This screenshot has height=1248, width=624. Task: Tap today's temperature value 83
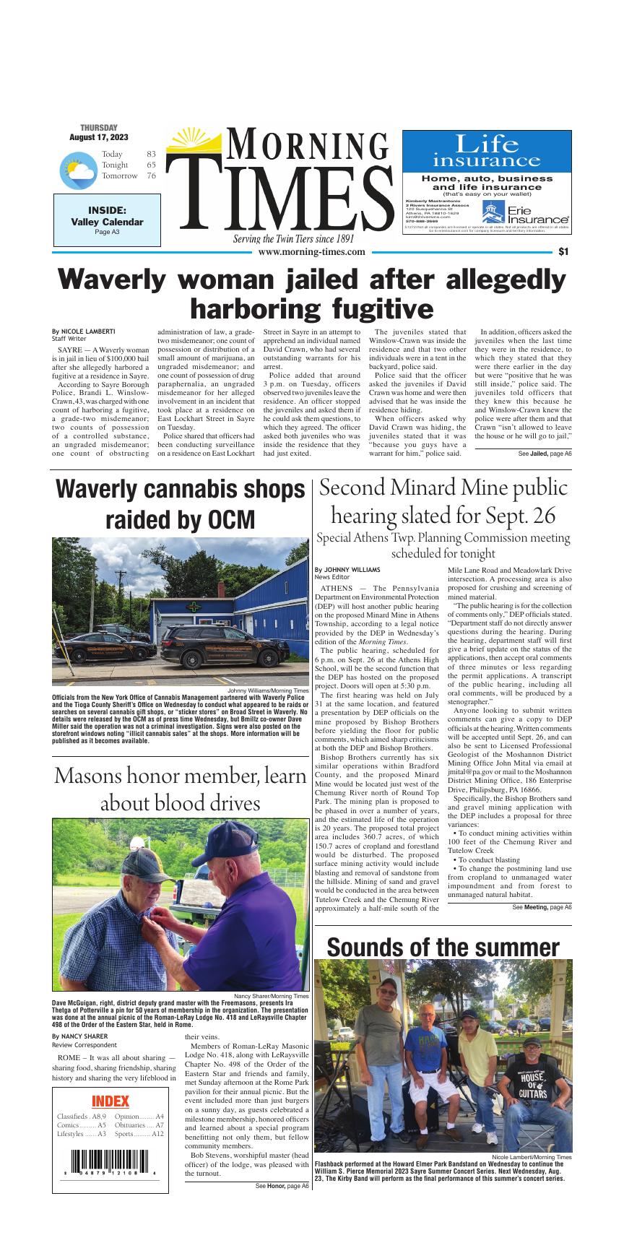point(151,154)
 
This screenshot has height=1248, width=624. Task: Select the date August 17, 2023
point(99,137)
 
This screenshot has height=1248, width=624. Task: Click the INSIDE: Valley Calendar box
point(107,220)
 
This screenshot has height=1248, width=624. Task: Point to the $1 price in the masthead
point(563,252)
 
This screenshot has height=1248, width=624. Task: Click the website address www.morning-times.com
point(311,252)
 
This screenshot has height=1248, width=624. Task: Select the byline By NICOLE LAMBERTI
point(84,331)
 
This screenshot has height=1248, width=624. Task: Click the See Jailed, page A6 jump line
point(545,454)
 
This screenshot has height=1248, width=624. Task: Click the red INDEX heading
point(110,1101)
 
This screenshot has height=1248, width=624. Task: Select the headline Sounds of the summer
point(443,946)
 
